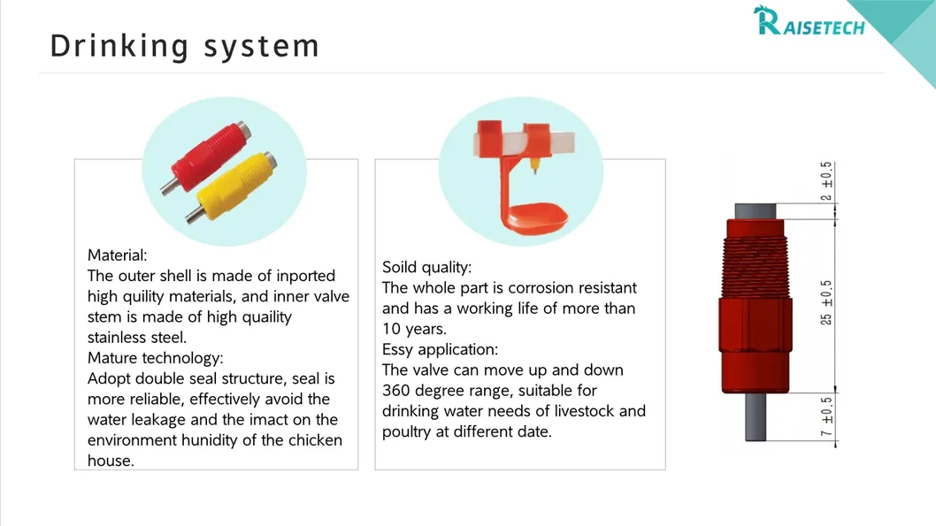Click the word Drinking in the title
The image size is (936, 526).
pyautogui.click(x=119, y=45)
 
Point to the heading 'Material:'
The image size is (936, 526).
pyautogui.click(x=117, y=255)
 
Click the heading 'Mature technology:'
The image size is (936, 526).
pyautogui.click(x=155, y=358)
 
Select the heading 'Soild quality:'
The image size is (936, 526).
pyautogui.click(x=426, y=267)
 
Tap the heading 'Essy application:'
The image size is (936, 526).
pyautogui.click(x=440, y=349)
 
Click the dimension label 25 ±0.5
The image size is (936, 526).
pyautogui.click(x=826, y=302)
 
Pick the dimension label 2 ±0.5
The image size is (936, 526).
pyautogui.click(x=826, y=181)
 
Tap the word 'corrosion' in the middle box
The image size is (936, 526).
pyautogui.click(x=546, y=287)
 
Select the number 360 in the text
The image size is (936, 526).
pyautogui.click(x=397, y=390)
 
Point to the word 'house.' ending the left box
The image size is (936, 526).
pyautogui.click(x=111, y=461)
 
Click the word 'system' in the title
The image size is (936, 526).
pyautogui.click(x=262, y=45)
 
